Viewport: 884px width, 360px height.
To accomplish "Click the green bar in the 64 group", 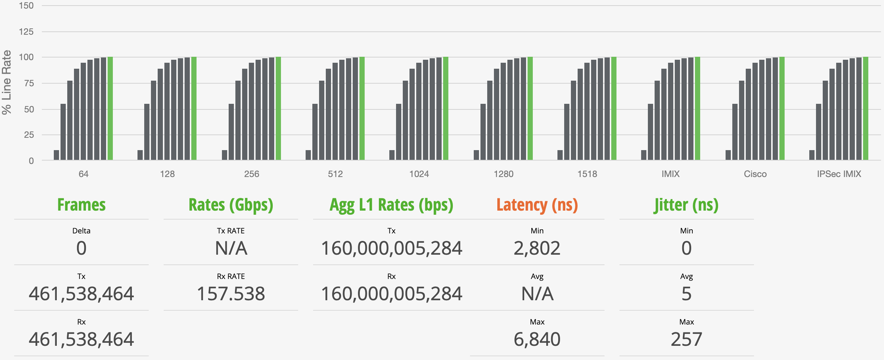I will click(110, 108).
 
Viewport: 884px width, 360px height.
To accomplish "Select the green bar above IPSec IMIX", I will click(866, 108).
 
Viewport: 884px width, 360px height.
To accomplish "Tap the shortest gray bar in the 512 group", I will click(308, 155).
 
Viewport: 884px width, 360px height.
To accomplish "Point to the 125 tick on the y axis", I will click(26, 32).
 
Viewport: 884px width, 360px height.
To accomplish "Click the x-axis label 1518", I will click(587, 174).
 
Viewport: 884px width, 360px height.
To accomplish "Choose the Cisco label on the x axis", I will click(755, 174).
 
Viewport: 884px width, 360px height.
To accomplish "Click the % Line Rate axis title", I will click(7, 82).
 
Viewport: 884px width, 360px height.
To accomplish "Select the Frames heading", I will click(81, 205).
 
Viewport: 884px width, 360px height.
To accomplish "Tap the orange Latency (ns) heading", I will click(537, 205).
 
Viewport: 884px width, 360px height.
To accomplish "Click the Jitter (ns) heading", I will click(686, 205).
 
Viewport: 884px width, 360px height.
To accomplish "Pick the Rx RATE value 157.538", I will click(231, 294).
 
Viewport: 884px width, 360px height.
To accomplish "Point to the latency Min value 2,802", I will click(537, 248).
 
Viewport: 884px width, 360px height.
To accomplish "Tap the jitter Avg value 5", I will click(686, 294).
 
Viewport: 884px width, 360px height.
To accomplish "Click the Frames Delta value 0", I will click(81, 248).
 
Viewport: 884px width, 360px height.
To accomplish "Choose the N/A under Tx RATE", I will click(231, 248).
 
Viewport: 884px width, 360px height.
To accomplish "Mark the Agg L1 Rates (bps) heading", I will click(391, 205).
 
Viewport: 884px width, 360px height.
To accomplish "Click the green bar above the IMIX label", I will click(698, 108).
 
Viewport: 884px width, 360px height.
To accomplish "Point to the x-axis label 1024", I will click(419, 174).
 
